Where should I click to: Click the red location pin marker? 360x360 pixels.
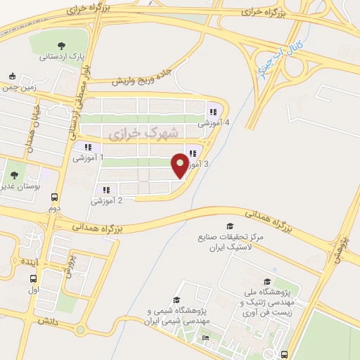click(x=180, y=165)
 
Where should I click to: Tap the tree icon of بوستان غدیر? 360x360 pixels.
click(x=13, y=175)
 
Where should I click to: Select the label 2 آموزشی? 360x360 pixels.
click(x=106, y=200)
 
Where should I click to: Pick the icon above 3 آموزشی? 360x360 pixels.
click(x=192, y=153)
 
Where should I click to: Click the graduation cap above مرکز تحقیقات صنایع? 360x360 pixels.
click(x=229, y=226)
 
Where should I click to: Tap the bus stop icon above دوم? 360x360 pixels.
click(x=55, y=198)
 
